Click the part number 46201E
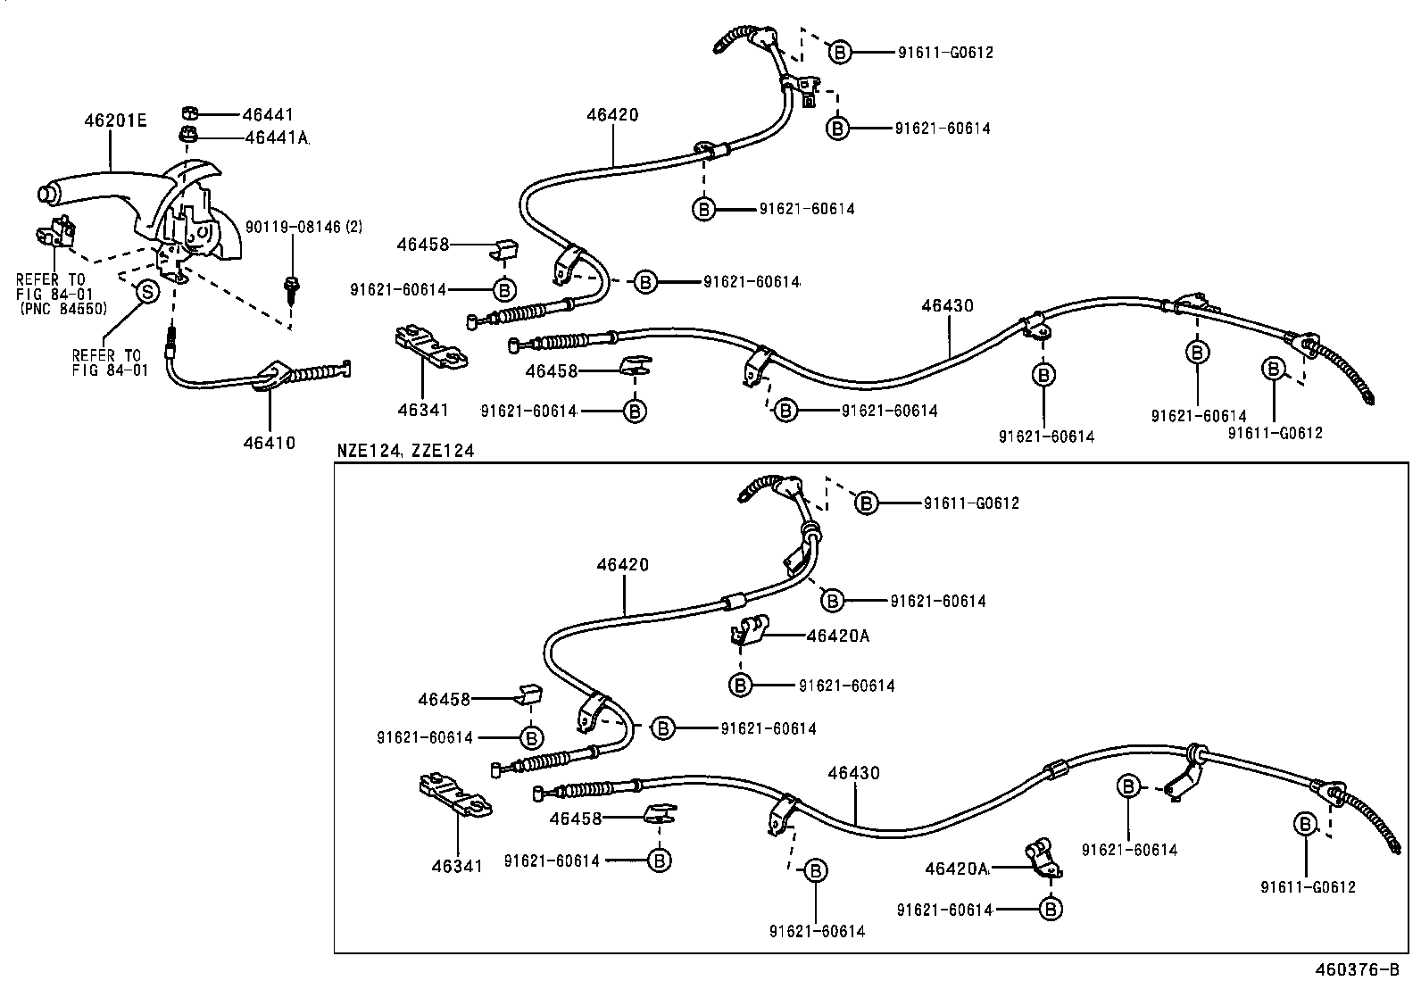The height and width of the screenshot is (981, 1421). coord(115,120)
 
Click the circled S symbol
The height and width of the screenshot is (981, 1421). coord(145,291)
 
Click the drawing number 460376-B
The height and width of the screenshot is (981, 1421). coord(1356,969)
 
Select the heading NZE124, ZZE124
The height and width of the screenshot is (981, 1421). coord(405,451)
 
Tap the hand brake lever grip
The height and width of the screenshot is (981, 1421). coord(62,194)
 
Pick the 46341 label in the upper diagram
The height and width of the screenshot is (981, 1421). coord(422,410)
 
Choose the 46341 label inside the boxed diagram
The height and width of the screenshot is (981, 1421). coord(457,865)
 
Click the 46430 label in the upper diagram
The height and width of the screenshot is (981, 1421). coord(947,305)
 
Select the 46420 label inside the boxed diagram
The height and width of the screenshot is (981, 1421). coord(623,564)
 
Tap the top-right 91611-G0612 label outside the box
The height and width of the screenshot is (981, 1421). coord(945,53)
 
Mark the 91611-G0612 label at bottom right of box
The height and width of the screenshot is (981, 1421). coord(1308,886)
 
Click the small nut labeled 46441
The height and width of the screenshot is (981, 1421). coord(188,112)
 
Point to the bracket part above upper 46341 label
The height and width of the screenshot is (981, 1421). coord(431,347)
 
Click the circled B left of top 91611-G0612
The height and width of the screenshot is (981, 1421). coord(839,53)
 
